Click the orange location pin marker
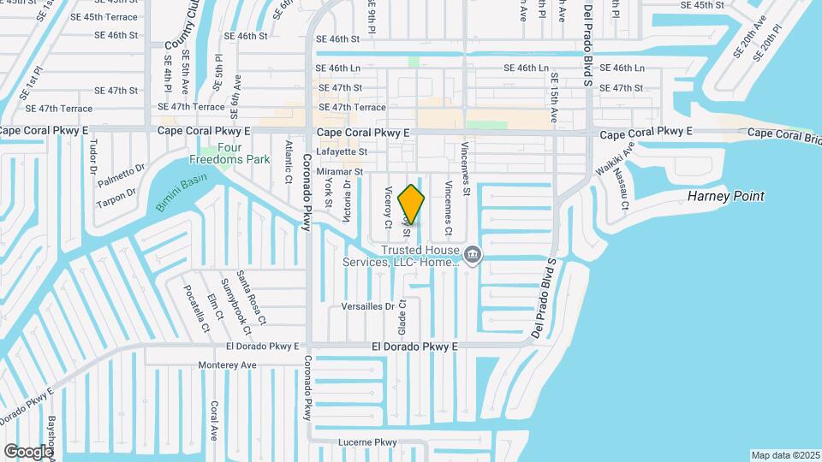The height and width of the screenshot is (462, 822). coord(412,204)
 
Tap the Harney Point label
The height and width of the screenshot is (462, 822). coord(725,197)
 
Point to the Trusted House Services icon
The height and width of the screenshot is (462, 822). coord(472,254)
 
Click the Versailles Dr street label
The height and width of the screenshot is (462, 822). coord(367,305)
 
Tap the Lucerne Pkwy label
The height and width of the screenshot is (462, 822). coord(369,442)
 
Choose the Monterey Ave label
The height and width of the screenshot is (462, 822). coord(227,365)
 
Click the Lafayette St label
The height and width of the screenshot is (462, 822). coord(342,151)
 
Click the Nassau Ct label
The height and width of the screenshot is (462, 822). coord(624,192)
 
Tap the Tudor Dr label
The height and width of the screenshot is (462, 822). coord(92,157)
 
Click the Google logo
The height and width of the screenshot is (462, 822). coord(28,451)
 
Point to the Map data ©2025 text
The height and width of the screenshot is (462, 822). coord(784,455)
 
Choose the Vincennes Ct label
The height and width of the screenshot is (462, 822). coord(447,209)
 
